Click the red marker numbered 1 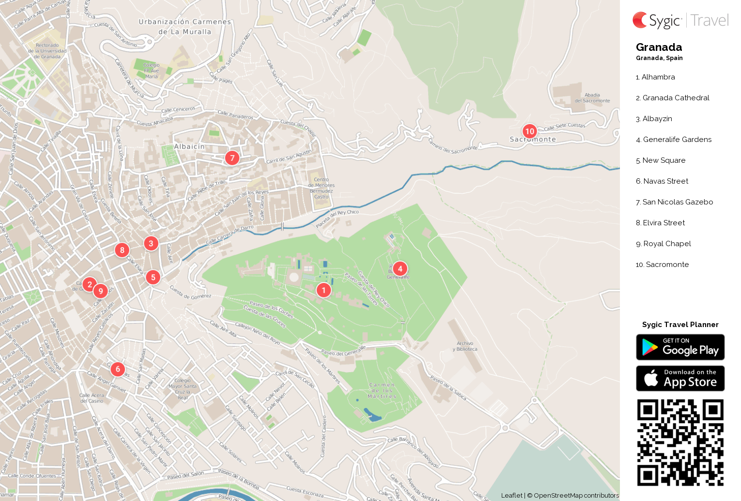(x=324, y=290)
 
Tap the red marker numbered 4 (x=400, y=268)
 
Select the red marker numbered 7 (x=232, y=157)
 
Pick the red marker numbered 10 (x=529, y=131)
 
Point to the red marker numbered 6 (x=117, y=369)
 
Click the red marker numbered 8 (x=122, y=250)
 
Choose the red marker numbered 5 (x=153, y=277)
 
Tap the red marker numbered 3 (x=151, y=243)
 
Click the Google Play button (x=680, y=347)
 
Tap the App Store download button (x=680, y=378)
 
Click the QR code (x=680, y=442)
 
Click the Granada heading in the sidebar (x=659, y=47)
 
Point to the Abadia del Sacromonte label (x=592, y=98)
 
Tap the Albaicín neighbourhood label (x=189, y=146)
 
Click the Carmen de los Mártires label (x=382, y=391)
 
